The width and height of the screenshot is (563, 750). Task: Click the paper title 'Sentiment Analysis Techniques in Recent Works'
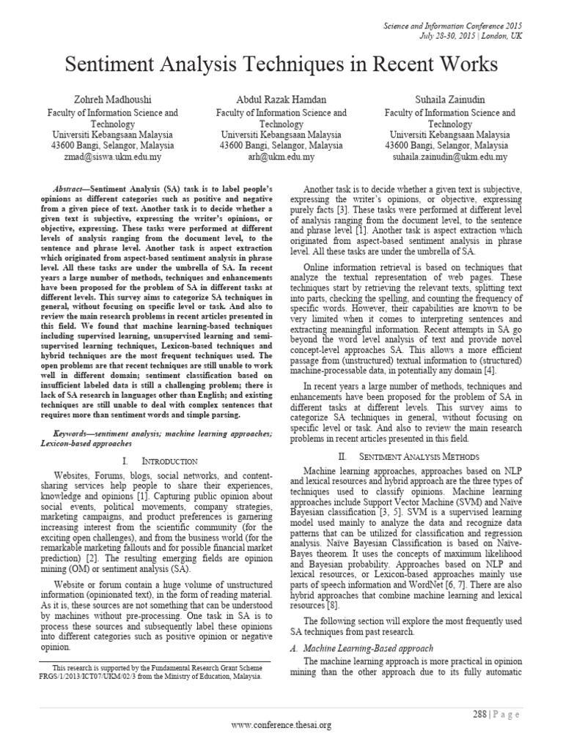coord(281,65)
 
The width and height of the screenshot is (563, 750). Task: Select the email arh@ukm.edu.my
coord(281,157)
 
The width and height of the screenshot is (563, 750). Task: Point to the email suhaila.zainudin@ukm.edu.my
coord(450,157)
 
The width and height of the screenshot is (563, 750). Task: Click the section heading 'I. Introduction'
coord(160,461)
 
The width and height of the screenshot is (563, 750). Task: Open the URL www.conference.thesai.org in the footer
coord(281,725)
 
